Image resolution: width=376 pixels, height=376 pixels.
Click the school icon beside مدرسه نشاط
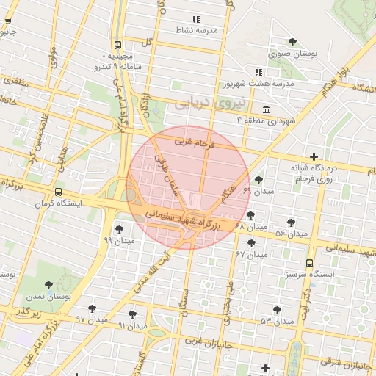(x=195, y=19)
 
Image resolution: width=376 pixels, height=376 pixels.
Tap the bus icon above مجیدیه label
(x=119, y=44)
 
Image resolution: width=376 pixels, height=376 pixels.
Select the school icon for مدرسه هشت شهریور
(x=258, y=72)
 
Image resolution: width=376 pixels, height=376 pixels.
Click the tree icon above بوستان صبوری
(x=293, y=42)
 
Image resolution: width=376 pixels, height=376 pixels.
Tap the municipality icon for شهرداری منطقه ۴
(x=265, y=110)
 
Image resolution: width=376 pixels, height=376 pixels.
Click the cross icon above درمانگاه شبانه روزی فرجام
(x=314, y=156)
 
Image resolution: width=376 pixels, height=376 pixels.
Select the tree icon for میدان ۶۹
(x=258, y=179)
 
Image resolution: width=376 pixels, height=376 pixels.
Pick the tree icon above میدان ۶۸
(x=251, y=215)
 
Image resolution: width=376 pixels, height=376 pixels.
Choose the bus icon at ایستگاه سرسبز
(x=308, y=263)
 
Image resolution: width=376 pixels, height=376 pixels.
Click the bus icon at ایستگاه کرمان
(x=37, y=189)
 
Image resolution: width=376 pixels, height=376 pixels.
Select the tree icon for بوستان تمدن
(x=49, y=286)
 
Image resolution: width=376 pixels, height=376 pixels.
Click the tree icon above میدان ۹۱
(x=132, y=314)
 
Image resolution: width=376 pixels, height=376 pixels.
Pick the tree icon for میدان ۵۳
(x=277, y=310)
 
